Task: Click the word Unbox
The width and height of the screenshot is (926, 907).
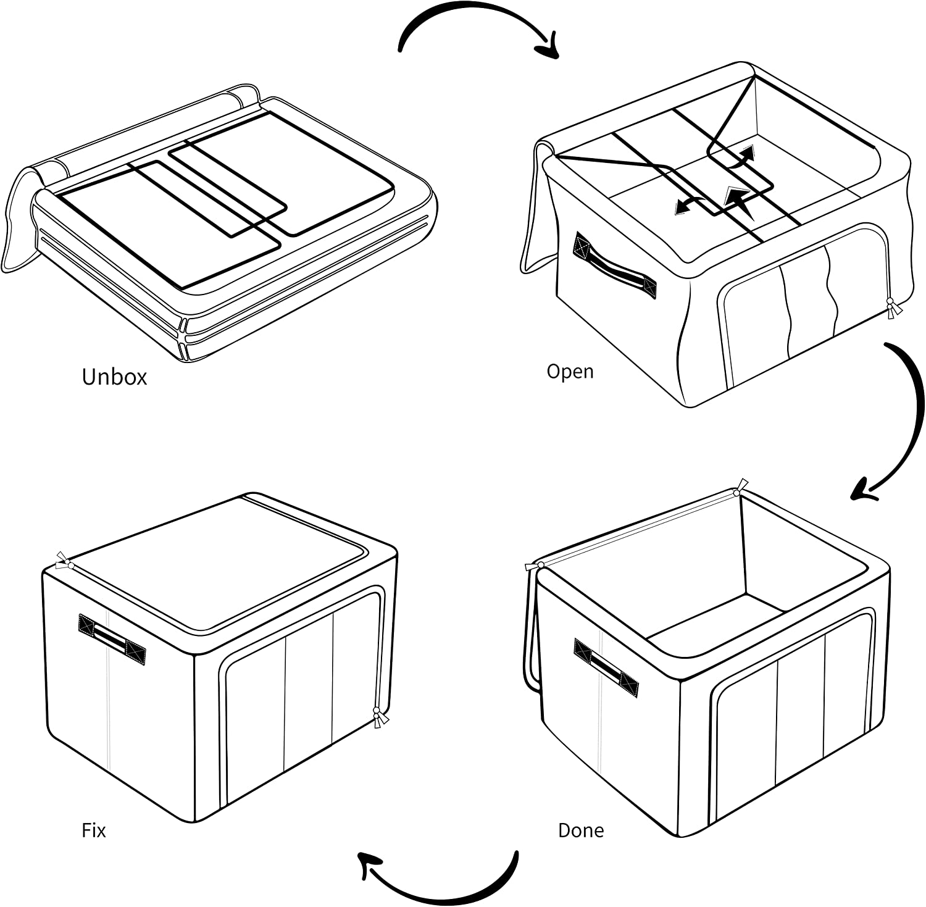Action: click(x=114, y=377)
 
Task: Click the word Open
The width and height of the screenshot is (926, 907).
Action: click(x=570, y=372)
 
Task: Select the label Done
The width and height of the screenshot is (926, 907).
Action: click(x=580, y=830)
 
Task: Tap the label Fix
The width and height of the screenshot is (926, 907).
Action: click(x=94, y=830)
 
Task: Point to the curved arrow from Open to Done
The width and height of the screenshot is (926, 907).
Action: click(x=907, y=420)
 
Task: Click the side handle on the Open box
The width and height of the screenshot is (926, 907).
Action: click(x=614, y=265)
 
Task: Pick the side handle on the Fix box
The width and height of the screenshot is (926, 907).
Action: click(x=112, y=639)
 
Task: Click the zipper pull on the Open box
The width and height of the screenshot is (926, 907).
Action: click(x=891, y=308)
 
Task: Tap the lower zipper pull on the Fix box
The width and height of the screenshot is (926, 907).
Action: click(x=378, y=719)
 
